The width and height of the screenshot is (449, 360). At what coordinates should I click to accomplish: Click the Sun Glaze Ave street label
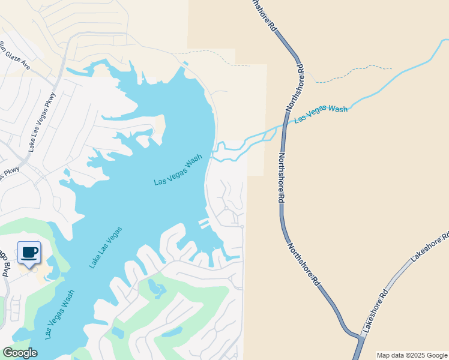(14, 56)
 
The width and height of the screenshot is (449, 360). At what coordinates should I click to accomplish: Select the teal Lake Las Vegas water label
(106, 247)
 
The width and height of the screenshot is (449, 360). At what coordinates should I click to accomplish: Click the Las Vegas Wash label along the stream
(321, 113)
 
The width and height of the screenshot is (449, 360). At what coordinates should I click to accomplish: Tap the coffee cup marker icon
(28, 252)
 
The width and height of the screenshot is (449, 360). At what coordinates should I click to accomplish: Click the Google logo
(20, 353)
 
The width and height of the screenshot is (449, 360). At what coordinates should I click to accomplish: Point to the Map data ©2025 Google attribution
(412, 355)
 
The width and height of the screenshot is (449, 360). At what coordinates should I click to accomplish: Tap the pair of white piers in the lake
(205, 224)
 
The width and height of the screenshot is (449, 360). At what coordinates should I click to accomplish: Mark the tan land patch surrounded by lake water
(160, 126)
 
